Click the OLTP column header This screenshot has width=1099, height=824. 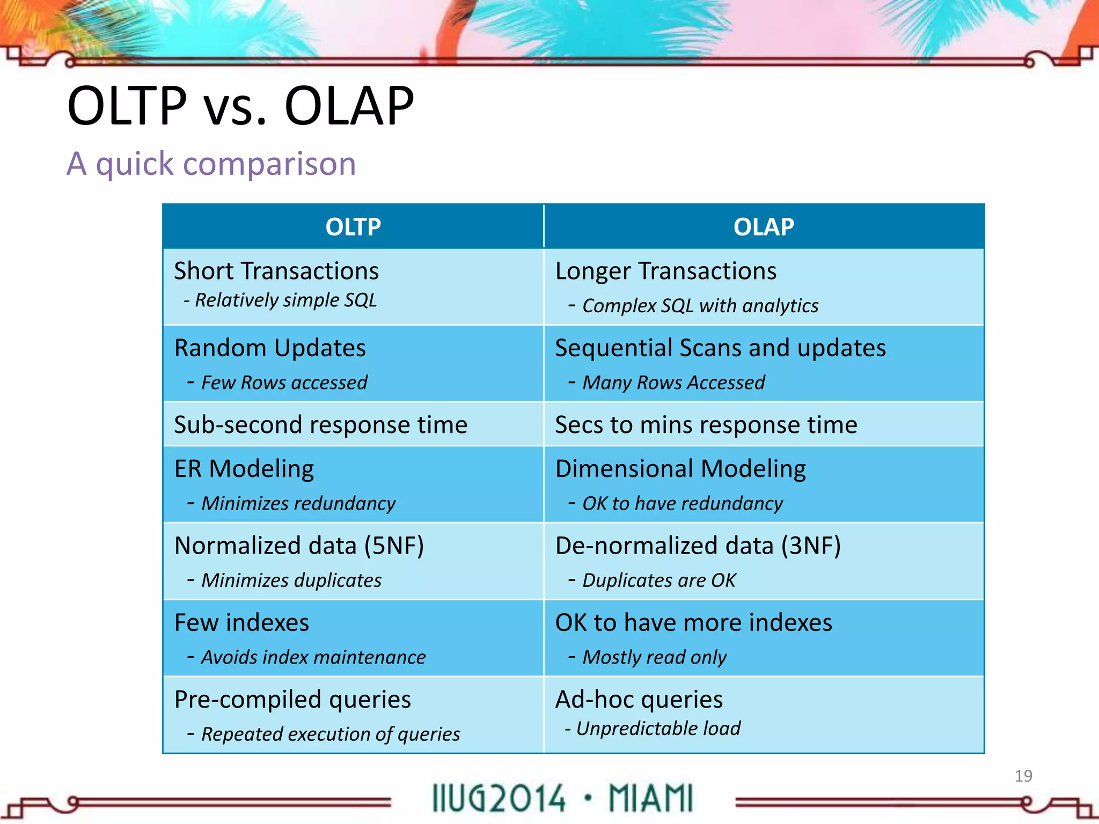point(353,227)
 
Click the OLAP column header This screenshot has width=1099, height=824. point(764,227)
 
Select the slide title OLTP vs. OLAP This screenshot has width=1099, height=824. point(240,106)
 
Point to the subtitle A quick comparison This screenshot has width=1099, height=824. point(211,164)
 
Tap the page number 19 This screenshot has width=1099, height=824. point(1023,776)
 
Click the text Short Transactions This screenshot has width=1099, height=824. point(276,271)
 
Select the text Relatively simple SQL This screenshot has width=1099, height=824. point(285,300)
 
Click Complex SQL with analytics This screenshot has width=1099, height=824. point(700,306)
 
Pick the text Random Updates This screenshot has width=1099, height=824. point(270,348)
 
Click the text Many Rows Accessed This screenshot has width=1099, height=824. point(673,382)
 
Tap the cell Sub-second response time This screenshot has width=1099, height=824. point(320,424)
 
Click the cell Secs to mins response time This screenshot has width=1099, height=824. point(706,424)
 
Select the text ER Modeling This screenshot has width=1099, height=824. point(244,468)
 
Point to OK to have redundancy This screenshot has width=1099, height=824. point(682,503)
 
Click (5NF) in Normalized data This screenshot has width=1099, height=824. point(394,546)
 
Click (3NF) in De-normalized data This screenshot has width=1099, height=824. point(810,546)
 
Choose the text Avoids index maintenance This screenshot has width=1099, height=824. point(313,657)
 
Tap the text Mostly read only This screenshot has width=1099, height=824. point(654,657)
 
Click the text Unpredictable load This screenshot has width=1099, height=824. point(658,729)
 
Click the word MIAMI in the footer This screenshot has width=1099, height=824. point(650,798)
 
